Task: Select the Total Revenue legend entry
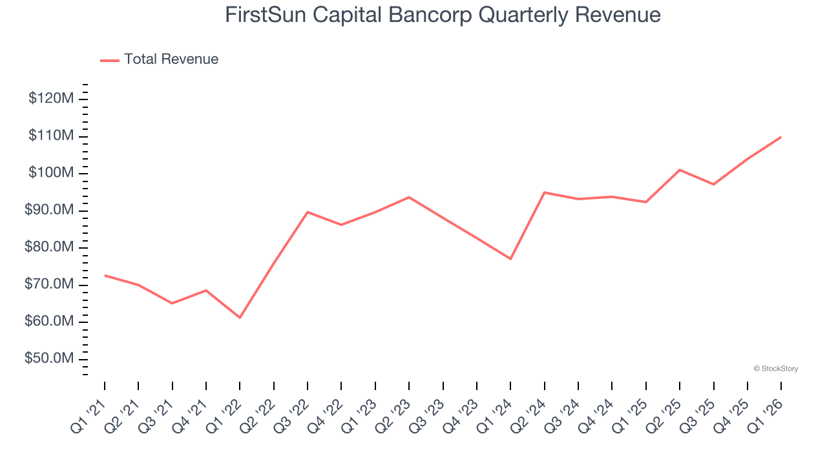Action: (x=160, y=59)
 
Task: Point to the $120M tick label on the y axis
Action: (x=50, y=99)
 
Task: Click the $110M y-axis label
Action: (x=50, y=136)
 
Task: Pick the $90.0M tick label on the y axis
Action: (x=47, y=211)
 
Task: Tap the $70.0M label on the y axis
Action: (x=47, y=285)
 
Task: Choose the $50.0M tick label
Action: (x=47, y=359)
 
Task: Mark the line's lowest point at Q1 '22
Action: (x=240, y=318)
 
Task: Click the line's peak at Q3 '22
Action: (x=308, y=212)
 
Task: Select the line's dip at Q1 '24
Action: (x=510, y=259)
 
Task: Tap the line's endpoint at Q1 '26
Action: (x=781, y=137)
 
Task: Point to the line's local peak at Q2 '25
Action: (x=680, y=170)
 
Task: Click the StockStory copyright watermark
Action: (x=775, y=369)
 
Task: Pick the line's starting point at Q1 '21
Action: (x=105, y=275)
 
